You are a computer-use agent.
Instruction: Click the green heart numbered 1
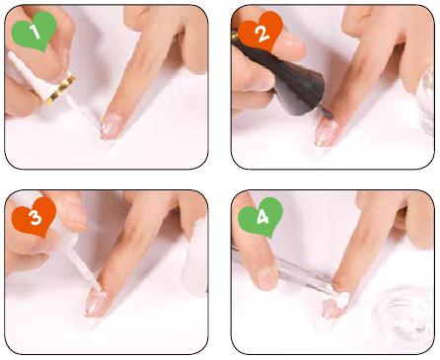[x=34, y=32]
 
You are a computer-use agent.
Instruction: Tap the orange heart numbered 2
[x=260, y=32]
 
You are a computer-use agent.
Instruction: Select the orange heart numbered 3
[x=34, y=217]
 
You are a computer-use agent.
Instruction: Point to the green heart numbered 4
[x=260, y=217]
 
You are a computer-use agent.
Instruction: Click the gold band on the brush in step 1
[x=61, y=90]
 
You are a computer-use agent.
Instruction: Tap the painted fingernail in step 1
[x=110, y=128]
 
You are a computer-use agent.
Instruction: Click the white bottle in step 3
[x=194, y=259]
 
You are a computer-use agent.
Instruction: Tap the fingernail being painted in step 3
[x=96, y=303]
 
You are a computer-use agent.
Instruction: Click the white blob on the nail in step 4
[x=343, y=299]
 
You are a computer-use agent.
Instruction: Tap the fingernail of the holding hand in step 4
[x=266, y=279]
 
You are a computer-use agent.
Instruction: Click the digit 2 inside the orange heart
[x=262, y=34]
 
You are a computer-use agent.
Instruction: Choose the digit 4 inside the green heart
[x=262, y=217]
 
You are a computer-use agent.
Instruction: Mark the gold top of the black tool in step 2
[x=235, y=36]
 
